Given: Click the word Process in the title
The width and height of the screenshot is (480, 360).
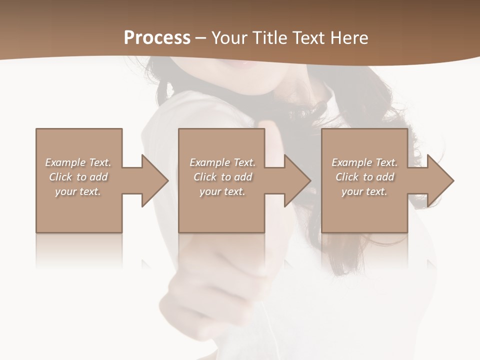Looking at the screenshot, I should tap(157, 38).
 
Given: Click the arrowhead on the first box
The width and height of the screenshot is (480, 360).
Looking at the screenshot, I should tap(152, 180).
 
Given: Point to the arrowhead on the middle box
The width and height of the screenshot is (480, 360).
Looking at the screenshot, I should tap(295, 180).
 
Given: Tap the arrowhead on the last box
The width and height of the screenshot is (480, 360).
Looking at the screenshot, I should tap(438, 180).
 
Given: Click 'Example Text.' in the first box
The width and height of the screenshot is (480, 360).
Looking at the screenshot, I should tap(78, 162).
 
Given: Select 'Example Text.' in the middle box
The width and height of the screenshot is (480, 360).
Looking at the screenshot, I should tap(222, 162).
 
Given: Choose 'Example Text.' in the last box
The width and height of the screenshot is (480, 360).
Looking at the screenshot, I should tap(364, 162).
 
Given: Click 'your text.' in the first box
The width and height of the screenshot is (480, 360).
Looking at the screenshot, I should tap(78, 191).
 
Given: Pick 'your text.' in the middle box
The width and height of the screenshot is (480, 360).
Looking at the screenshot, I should tap(222, 191).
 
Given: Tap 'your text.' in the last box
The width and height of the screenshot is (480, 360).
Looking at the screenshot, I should tap(364, 191).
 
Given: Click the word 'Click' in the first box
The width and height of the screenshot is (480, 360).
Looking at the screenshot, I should tap(60, 177).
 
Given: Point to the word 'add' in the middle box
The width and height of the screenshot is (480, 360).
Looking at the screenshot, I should tap(242, 177).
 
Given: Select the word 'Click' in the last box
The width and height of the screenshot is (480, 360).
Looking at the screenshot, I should tap(347, 177).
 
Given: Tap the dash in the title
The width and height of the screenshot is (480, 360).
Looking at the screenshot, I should tap(201, 38).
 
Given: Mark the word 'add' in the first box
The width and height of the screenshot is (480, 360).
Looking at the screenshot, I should tap(98, 177).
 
